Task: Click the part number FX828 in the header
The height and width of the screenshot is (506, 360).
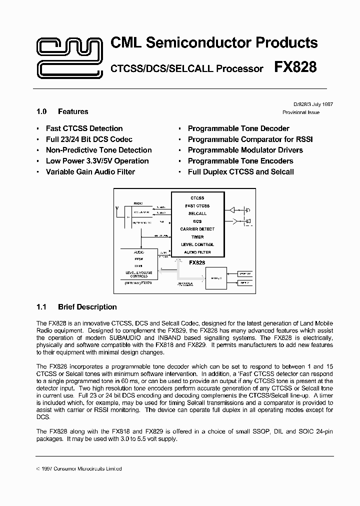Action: (x=295, y=67)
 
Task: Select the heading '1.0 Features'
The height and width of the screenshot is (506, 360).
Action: (x=62, y=111)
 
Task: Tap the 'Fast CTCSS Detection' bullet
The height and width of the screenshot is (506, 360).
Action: (x=84, y=128)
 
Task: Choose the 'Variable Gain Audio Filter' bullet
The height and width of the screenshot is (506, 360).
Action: (x=90, y=171)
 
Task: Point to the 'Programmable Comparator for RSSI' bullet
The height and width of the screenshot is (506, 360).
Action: (x=250, y=139)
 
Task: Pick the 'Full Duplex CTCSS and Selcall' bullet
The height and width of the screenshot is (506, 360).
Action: (x=240, y=171)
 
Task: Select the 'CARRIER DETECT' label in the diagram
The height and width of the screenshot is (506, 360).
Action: (x=197, y=229)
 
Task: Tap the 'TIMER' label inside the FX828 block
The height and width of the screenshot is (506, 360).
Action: (x=197, y=237)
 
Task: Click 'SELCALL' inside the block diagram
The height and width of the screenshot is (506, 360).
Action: (x=197, y=213)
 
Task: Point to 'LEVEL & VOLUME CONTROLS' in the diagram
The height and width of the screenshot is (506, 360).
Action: (x=138, y=274)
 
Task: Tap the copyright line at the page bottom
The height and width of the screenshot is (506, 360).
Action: (x=79, y=468)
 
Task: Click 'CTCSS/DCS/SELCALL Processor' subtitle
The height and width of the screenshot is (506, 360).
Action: (x=186, y=69)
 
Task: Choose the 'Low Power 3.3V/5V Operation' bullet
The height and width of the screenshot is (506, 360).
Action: (x=97, y=161)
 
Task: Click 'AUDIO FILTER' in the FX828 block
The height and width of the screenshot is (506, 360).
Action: (x=197, y=252)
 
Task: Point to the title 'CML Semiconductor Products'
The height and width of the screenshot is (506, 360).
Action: (x=213, y=43)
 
